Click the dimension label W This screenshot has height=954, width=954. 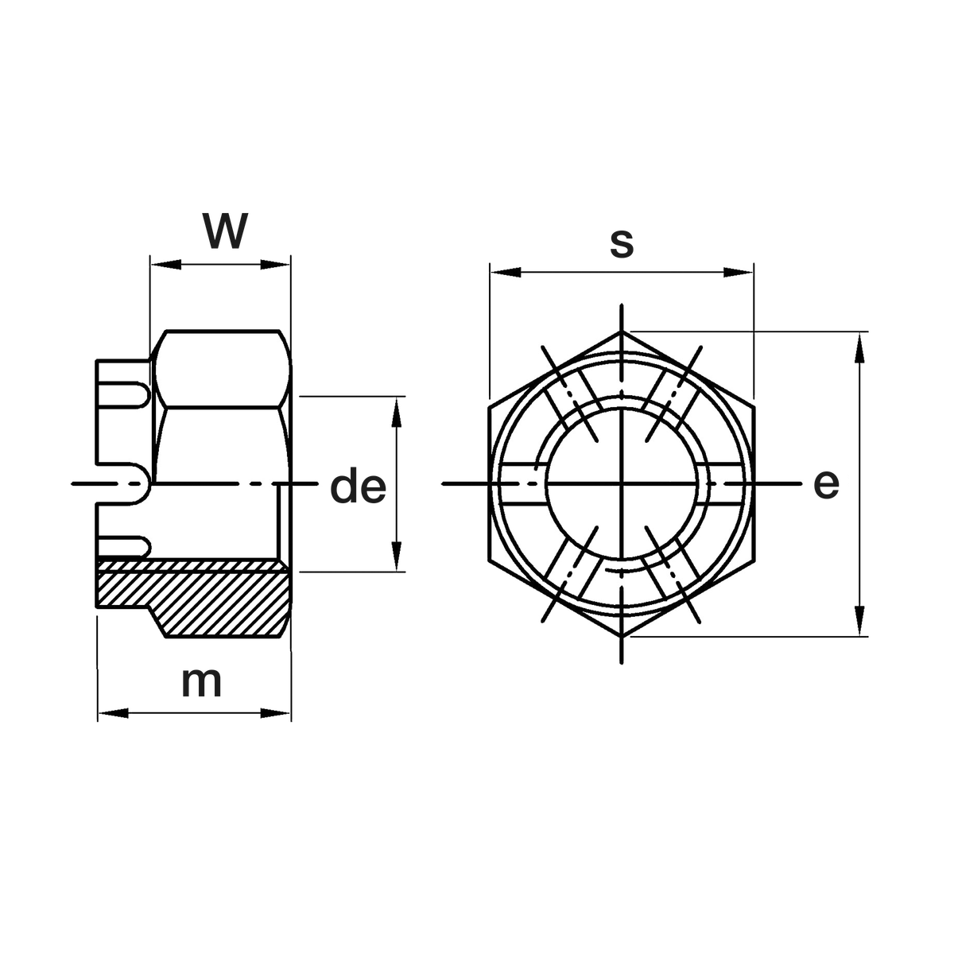pyautogui.click(x=225, y=231)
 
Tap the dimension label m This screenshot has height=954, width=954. pyautogui.click(x=201, y=683)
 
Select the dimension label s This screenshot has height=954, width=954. pyautogui.click(x=622, y=244)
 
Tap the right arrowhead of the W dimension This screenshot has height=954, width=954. pyautogui.click(x=275, y=265)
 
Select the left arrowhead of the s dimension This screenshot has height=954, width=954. pyautogui.click(x=506, y=272)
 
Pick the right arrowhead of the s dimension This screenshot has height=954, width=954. pyautogui.click(x=738, y=272)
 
